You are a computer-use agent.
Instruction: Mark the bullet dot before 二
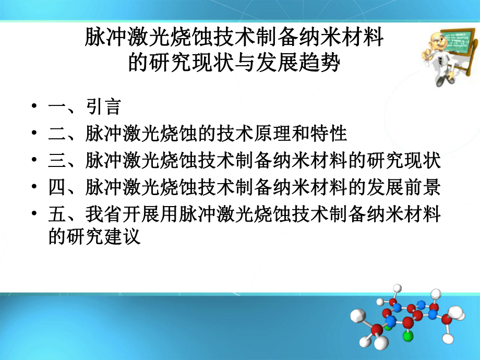pyautogui.click(x=34, y=134)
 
